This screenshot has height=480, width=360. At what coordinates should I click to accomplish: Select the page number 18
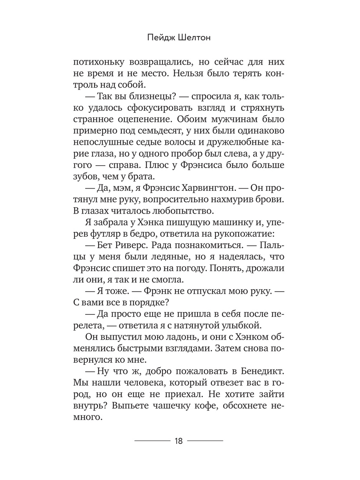coord(179,441)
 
